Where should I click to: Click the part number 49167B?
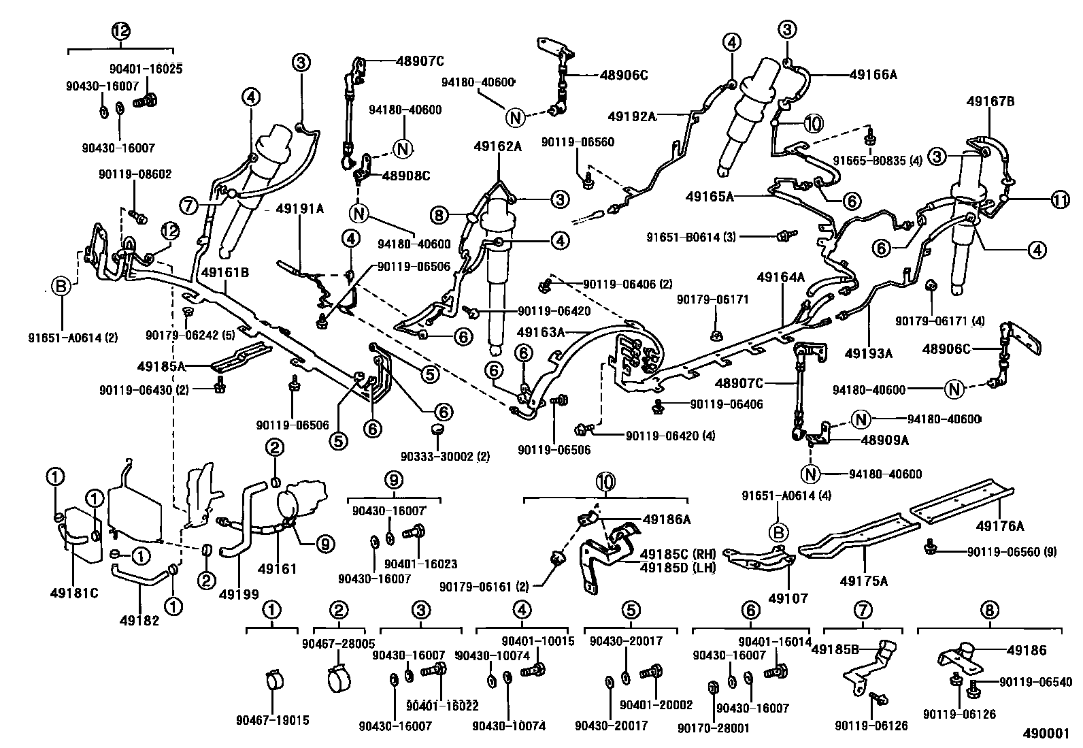tap(990, 101)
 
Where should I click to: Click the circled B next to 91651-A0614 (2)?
tap(61, 287)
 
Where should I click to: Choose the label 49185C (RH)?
tap(674, 552)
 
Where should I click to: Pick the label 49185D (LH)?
tap(674, 566)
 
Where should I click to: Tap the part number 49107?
tap(788, 598)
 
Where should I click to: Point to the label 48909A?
tap(885, 440)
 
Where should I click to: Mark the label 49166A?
tap(873, 75)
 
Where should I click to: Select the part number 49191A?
tap(300, 210)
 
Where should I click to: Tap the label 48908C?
tap(406, 176)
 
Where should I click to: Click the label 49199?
tap(239, 594)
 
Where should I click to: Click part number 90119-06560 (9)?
tap(1012, 551)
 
